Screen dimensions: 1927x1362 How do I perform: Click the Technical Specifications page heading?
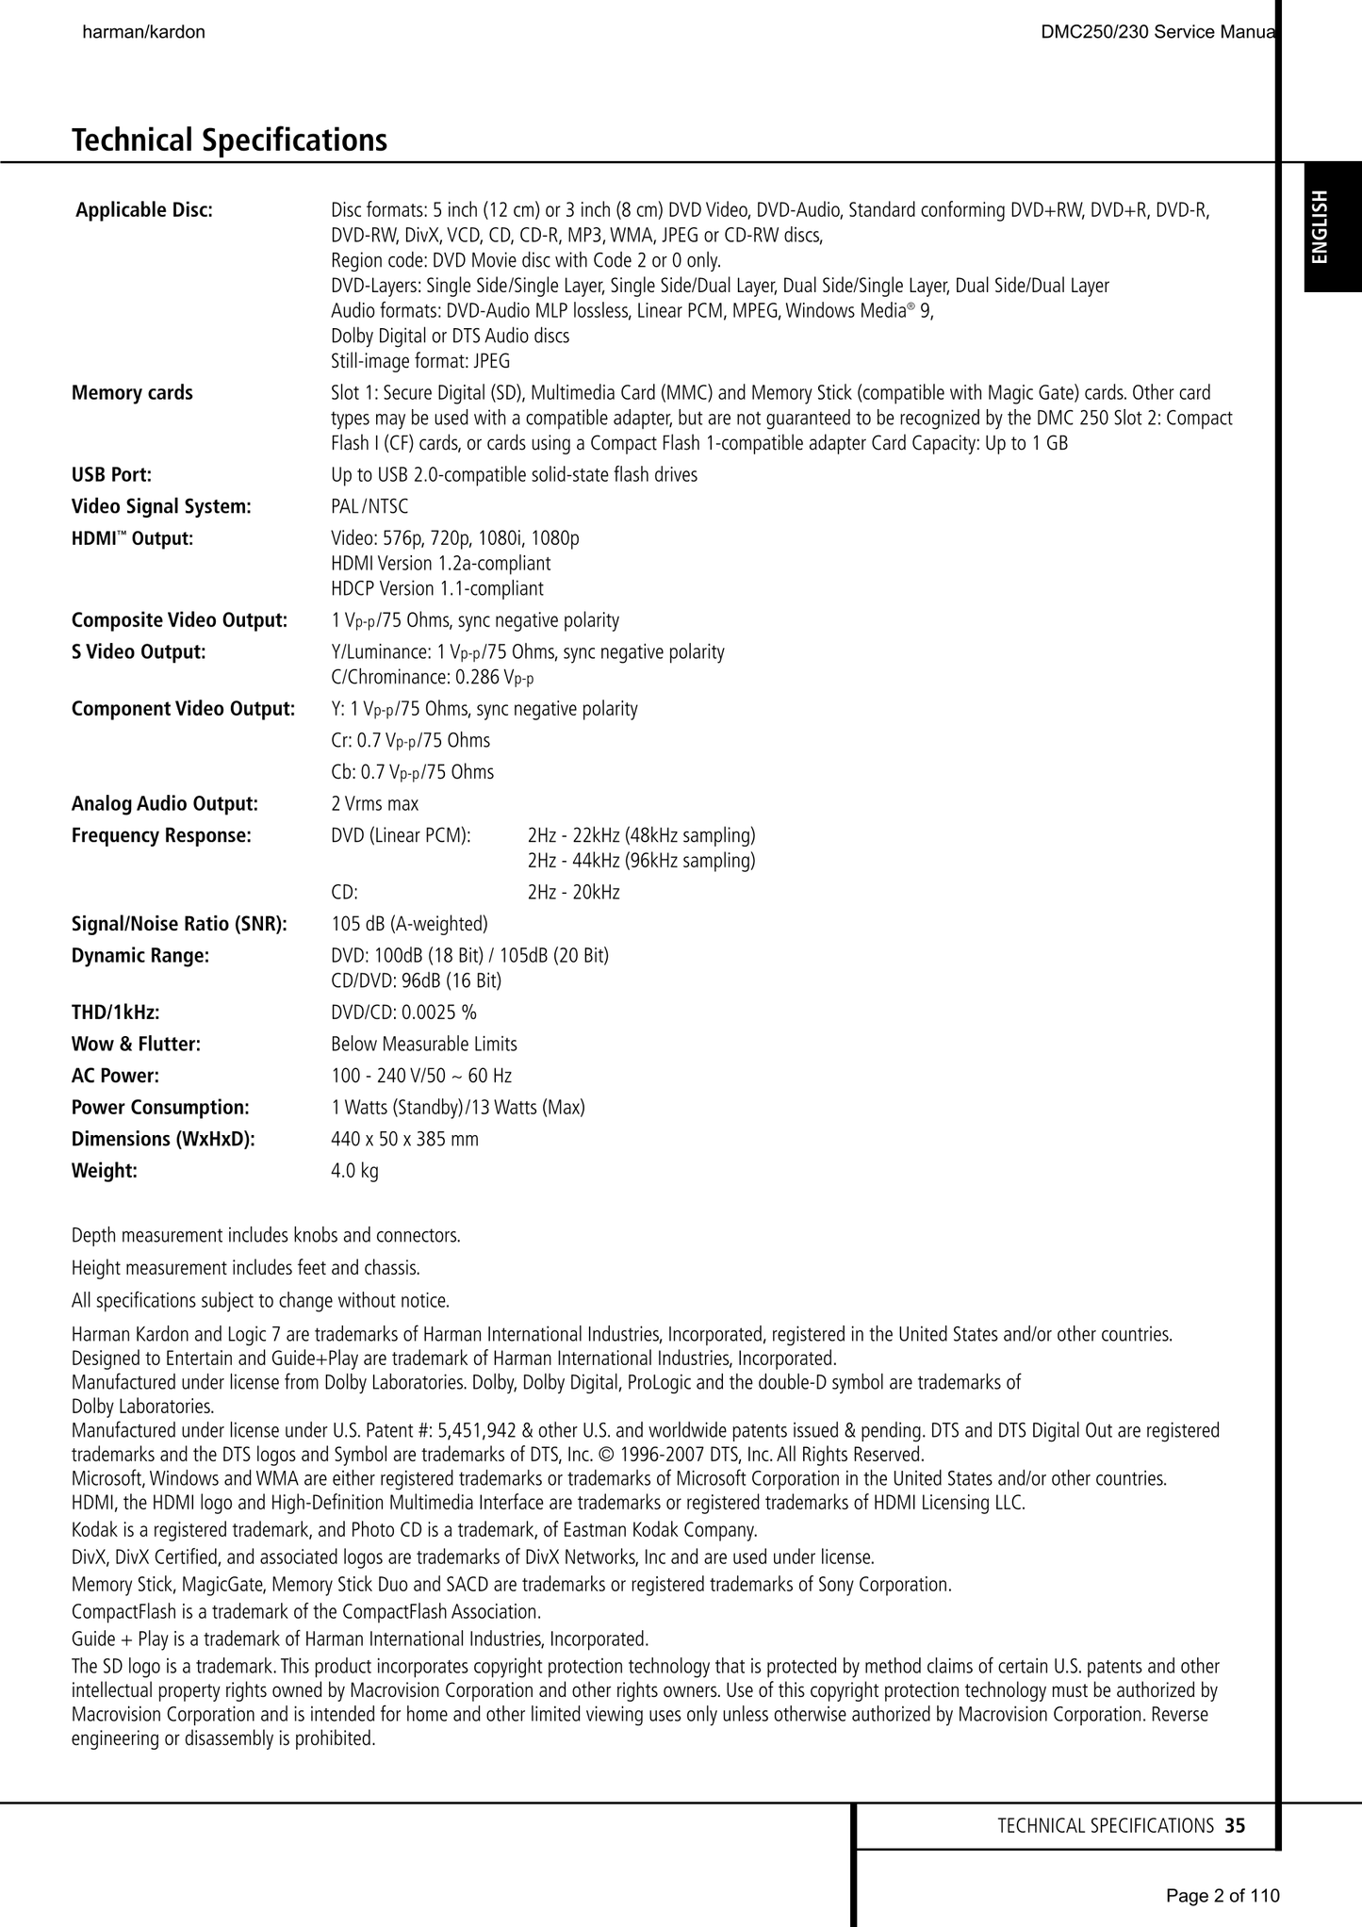pos(229,140)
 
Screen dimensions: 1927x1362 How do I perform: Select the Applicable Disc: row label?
pos(144,209)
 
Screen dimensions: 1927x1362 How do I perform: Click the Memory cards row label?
pos(132,392)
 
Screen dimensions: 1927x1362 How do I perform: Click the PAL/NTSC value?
pos(369,506)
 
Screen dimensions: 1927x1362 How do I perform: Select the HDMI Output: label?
pos(132,538)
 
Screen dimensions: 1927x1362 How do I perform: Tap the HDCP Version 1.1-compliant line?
pos(437,588)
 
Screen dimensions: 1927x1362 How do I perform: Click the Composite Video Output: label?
pos(179,620)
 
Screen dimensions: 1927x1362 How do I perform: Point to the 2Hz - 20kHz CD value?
pos(573,892)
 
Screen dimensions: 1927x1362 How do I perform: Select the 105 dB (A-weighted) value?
pos(409,924)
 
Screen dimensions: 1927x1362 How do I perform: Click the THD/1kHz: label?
pos(115,1013)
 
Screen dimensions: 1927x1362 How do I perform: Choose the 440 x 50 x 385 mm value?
pos(404,1139)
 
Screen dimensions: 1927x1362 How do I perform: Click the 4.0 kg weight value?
pos(354,1171)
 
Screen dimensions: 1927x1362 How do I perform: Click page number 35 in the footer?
pos(1235,1825)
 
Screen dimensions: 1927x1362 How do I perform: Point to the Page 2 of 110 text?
pos(1223,1895)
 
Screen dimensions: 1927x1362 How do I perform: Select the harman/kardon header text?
pos(144,32)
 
